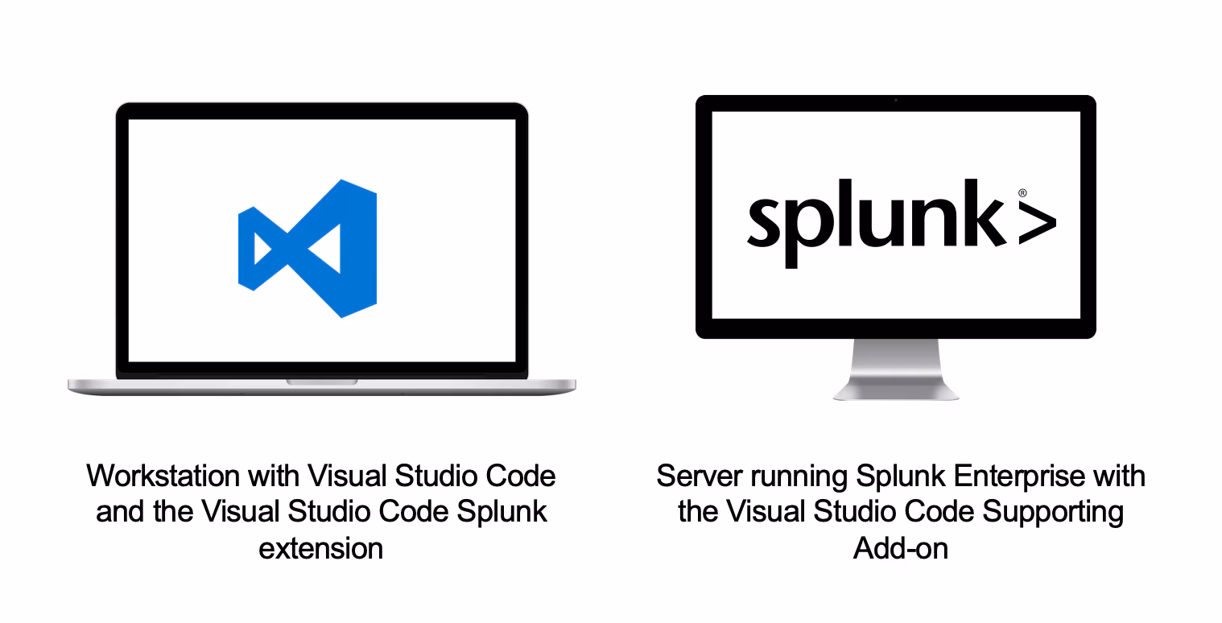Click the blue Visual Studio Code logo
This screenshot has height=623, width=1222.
pyautogui.click(x=308, y=248)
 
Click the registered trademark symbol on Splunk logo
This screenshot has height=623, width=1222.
pyautogui.click(x=1022, y=193)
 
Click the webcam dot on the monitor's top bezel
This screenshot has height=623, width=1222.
pyautogui.click(x=896, y=101)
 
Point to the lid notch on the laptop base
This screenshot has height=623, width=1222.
pyautogui.click(x=322, y=381)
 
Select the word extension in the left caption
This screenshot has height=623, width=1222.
pyautogui.click(x=320, y=548)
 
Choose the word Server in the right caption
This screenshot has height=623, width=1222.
pyautogui.click(x=699, y=476)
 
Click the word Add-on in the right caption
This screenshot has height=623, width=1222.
pyautogui.click(x=900, y=548)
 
